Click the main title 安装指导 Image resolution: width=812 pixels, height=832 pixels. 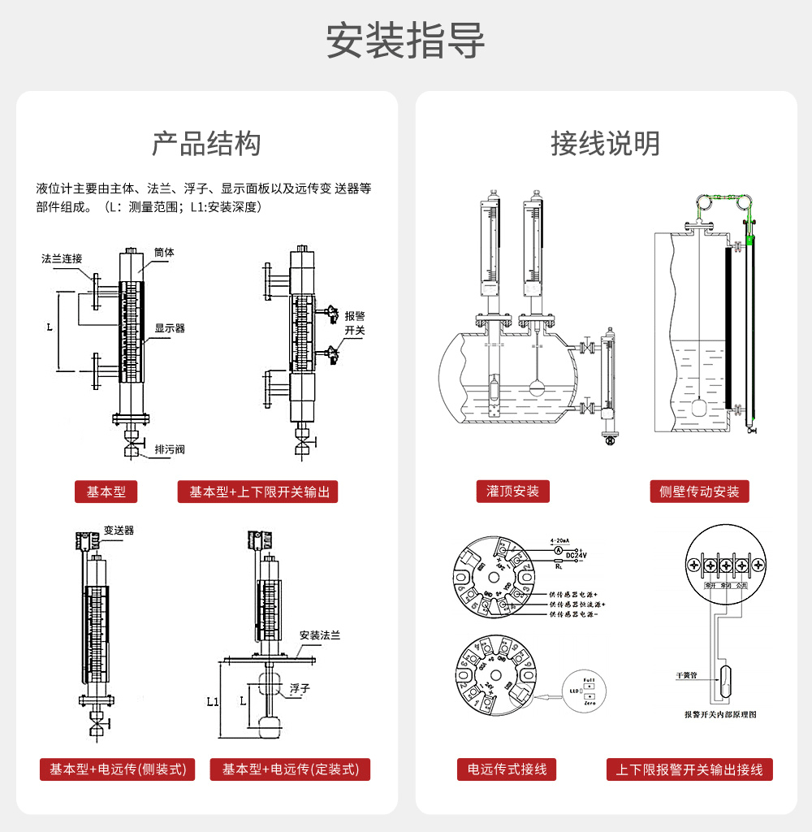click(405, 41)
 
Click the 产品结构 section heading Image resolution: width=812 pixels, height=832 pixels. click(206, 144)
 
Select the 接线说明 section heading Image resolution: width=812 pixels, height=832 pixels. click(605, 144)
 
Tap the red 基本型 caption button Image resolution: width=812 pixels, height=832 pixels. click(106, 492)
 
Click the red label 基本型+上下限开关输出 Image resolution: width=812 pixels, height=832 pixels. click(257, 492)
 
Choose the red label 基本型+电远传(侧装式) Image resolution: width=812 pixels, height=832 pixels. click(118, 769)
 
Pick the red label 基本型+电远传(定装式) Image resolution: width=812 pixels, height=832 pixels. click(290, 769)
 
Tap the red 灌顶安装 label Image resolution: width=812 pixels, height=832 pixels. click(512, 491)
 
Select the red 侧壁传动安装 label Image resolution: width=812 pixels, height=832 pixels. click(699, 491)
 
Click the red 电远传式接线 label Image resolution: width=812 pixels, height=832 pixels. click(507, 769)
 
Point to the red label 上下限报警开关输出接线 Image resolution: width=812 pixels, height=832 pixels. click(689, 769)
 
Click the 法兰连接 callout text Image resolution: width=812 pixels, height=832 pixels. click(62, 258)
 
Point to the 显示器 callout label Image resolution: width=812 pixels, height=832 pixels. click(170, 328)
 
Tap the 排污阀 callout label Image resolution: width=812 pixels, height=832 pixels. click(170, 448)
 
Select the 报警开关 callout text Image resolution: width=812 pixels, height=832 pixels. click(355, 323)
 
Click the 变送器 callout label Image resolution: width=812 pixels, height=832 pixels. click(119, 530)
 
